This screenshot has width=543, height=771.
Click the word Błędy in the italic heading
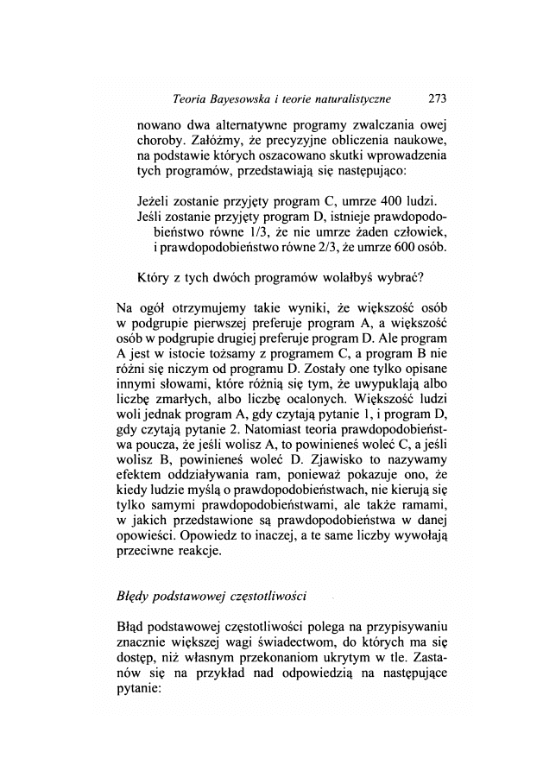[x=135, y=597]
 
